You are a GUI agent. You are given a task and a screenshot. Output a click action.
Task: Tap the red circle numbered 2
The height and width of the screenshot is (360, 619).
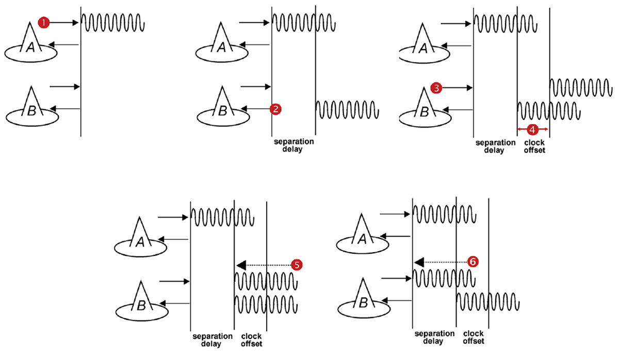tap(276, 109)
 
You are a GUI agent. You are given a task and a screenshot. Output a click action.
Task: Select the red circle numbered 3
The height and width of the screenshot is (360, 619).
tap(436, 88)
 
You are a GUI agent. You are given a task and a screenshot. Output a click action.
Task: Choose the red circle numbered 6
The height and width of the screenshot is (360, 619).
tap(473, 261)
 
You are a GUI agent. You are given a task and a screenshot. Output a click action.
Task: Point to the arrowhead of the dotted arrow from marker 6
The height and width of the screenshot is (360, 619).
tap(419, 261)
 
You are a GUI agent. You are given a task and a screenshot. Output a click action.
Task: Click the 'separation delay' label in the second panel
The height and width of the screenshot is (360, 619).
tap(292, 145)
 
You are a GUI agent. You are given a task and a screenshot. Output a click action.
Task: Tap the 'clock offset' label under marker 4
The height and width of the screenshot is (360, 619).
tap(534, 146)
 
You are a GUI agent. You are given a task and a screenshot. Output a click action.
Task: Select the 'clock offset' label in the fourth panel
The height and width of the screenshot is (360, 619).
tap(251, 340)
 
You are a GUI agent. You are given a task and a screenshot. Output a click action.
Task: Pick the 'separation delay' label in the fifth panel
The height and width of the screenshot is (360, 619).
tap(433, 337)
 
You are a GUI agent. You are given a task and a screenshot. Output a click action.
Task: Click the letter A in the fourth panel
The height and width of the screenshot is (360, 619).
tap(140, 242)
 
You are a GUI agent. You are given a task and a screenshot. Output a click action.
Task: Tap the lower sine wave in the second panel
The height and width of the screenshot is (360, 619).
tap(347, 109)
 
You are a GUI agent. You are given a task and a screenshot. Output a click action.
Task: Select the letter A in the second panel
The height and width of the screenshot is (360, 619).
tap(222, 48)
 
